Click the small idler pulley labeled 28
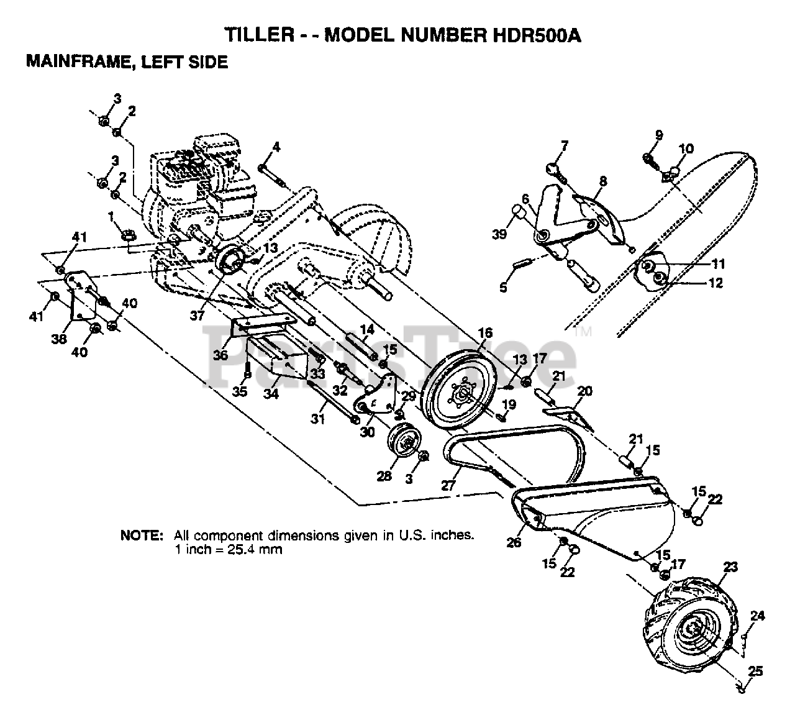click(x=404, y=442)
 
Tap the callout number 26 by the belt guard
click(x=514, y=543)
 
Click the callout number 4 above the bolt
click(x=276, y=147)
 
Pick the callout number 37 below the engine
click(x=197, y=316)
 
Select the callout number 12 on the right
click(x=715, y=283)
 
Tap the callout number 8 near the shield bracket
click(x=602, y=181)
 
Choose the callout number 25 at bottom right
click(x=754, y=672)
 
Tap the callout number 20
click(x=584, y=391)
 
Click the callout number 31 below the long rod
click(x=318, y=419)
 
